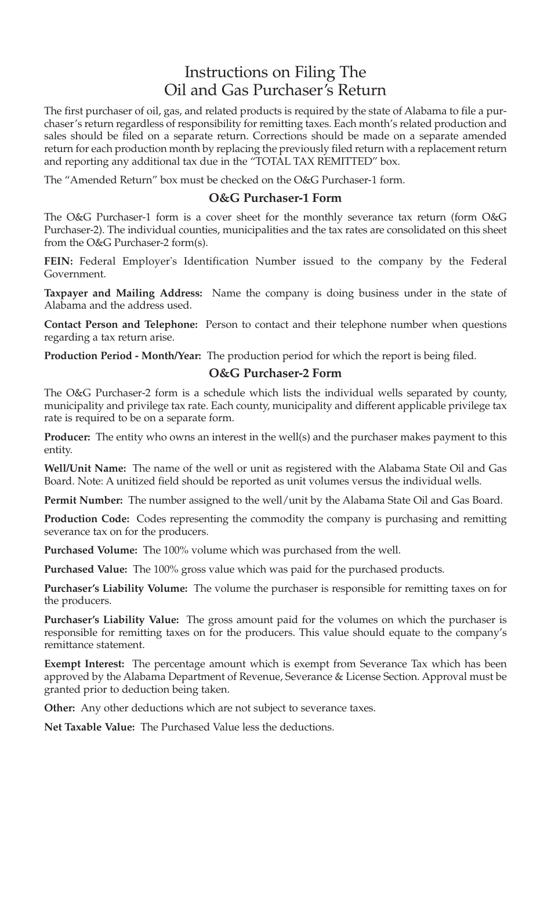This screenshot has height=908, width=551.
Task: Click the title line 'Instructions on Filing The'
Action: (x=275, y=72)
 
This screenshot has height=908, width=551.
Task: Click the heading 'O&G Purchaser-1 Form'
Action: (x=275, y=198)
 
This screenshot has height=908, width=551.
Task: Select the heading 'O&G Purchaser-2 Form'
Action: (x=275, y=373)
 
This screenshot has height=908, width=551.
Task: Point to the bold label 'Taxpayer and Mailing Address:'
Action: (x=123, y=292)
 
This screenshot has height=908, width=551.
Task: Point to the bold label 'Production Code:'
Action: (x=87, y=519)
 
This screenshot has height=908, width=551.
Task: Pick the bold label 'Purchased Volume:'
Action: (x=91, y=550)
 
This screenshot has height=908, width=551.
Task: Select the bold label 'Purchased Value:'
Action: (x=86, y=569)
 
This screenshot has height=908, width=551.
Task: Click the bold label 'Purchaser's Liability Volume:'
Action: (x=116, y=588)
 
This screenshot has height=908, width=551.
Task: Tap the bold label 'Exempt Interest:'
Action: (x=85, y=664)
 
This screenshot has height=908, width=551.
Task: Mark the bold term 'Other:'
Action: (x=60, y=708)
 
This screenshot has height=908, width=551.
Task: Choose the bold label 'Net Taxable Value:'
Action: (x=90, y=727)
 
